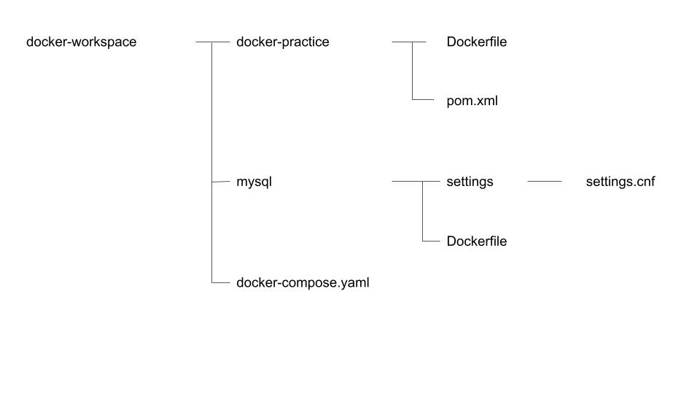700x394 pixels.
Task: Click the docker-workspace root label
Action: click(x=81, y=42)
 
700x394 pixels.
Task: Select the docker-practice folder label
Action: click(x=283, y=42)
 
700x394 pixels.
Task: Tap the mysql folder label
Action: click(x=254, y=182)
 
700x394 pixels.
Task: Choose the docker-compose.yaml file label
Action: click(x=303, y=282)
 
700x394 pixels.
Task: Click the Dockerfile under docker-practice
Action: click(x=476, y=42)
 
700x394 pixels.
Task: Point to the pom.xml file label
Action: click(x=472, y=101)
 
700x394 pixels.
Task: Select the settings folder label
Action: click(x=470, y=182)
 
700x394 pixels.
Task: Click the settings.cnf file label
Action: click(x=621, y=182)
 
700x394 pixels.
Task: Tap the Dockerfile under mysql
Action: click(x=476, y=241)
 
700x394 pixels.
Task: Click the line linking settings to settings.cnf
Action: click(x=544, y=181)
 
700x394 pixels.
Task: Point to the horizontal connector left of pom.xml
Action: click(x=423, y=99)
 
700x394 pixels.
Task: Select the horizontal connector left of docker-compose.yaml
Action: click(x=220, y=282)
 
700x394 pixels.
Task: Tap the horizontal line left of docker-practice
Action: click(x=213, y=42)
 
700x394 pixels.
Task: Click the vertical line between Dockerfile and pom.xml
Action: click(x=412, y=71)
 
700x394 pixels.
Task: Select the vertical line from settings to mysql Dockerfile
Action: click(x=422, y=212)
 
